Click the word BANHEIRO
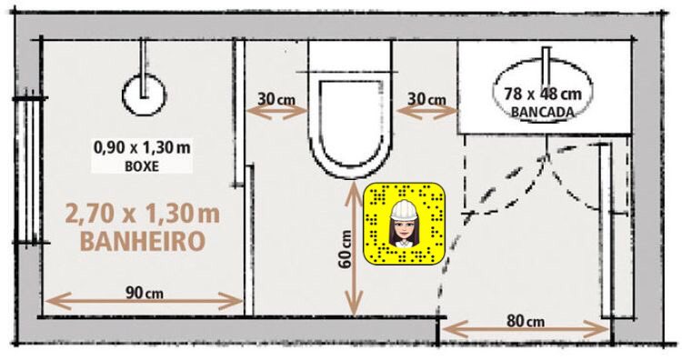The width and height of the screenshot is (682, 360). [x=143, y=241]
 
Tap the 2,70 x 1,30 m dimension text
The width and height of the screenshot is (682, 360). [x=143, y=214]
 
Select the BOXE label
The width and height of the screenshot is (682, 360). [x=142, y=166]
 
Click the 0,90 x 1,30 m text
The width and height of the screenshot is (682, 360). [x=142, y=147]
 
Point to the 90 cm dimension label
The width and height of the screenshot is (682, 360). [x=145, y=293]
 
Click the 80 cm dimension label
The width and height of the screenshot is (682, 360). [x=526, y=321]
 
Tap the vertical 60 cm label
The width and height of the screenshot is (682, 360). [x=346, y=249]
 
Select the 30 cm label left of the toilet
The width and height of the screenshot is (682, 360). [x=276, y=99]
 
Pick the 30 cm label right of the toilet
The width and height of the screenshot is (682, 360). [x=426, y=99]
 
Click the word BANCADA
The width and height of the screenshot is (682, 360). [x=542, y=112]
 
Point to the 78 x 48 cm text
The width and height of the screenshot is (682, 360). [x=542, y=93]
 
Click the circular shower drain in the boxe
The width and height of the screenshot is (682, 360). [x=144, y=95]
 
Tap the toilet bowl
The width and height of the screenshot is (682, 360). [x=351, y=128]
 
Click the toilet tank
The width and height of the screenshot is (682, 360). [x=351, y=55]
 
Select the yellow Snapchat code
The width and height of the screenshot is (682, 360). [x=405, y=224]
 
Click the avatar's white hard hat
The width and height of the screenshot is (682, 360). [x=404, y=210]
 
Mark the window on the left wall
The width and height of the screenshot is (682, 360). [x=30, y=171]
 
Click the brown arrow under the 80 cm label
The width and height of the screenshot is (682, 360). [x=526, y=330]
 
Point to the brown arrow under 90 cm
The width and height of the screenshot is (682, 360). [x=144, y=301]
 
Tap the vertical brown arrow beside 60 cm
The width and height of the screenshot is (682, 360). [x=355, y=247]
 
